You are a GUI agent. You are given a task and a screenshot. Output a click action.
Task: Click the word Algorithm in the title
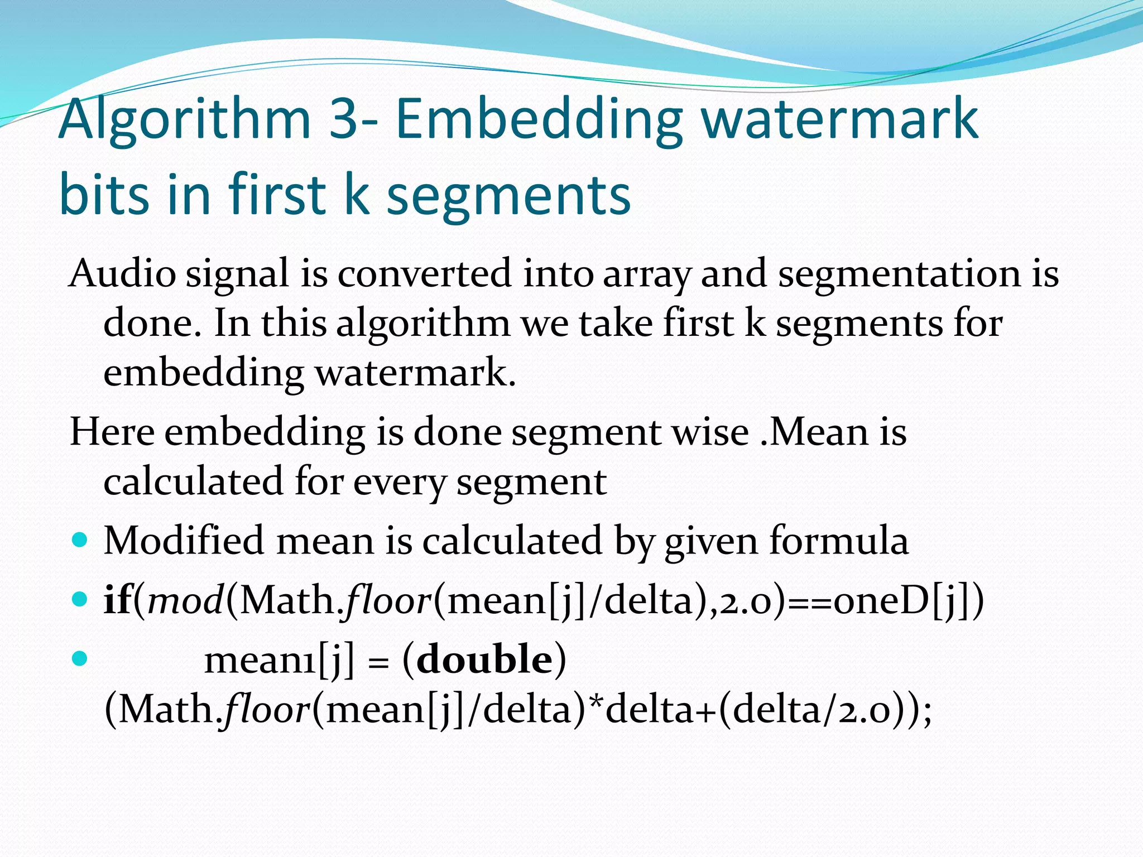[x=184, y=120]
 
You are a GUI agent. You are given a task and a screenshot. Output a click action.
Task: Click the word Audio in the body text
[x=122, y=273]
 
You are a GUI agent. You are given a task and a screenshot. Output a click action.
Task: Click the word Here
[x=112, y=432]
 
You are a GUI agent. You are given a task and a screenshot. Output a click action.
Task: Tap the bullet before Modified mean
[x=80, y=540]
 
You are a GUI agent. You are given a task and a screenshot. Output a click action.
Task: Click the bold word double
[x=484, y=659]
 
